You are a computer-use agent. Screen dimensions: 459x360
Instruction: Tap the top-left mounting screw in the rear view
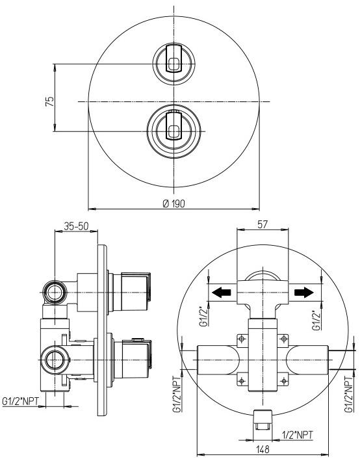(x=242, y=338)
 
